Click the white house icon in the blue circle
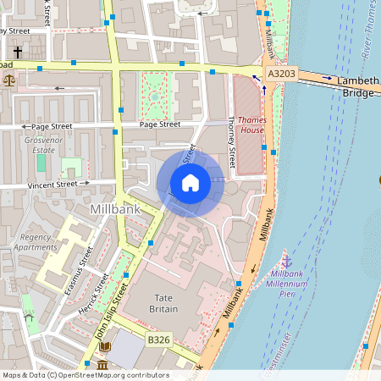coord(190,183)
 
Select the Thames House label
coord(252,124)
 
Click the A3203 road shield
coord(281,75)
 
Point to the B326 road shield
coord(158,340)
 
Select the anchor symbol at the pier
coord(286,262)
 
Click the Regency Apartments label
coord(37,242)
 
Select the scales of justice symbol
coord(9,80)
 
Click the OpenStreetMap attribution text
coord(85,375)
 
